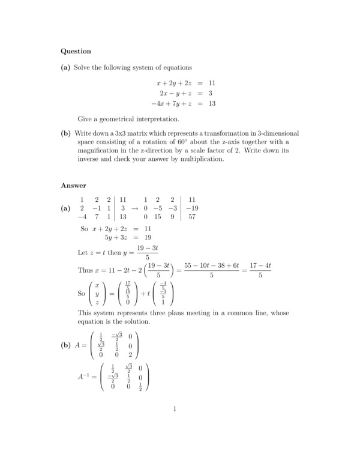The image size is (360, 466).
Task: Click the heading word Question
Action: [x=76, y=52]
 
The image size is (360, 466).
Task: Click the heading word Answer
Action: [x=74, y=186]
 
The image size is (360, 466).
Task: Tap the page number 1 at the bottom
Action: [x=175, y=410]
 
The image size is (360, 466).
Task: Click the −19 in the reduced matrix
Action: [x=192, y=208]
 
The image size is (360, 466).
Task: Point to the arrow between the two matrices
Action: [x=135, y=208]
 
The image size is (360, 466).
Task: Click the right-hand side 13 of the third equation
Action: [x=211, y=103]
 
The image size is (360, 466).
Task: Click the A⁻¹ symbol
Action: [x=84, y=377]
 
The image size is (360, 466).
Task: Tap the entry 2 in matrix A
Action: [x=130, y=355]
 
